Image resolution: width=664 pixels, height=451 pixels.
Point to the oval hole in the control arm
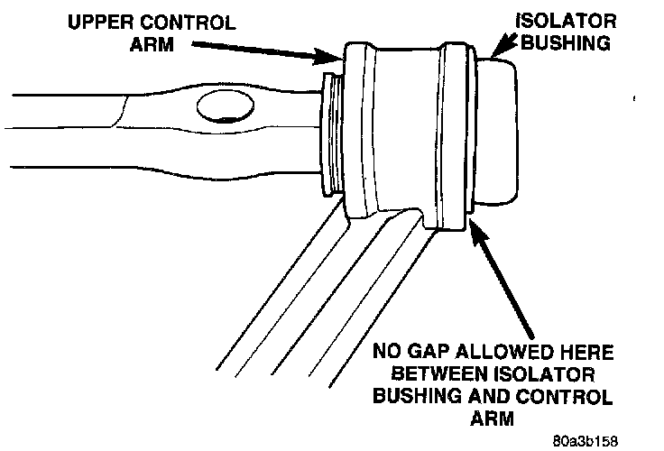click(222, 107)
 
